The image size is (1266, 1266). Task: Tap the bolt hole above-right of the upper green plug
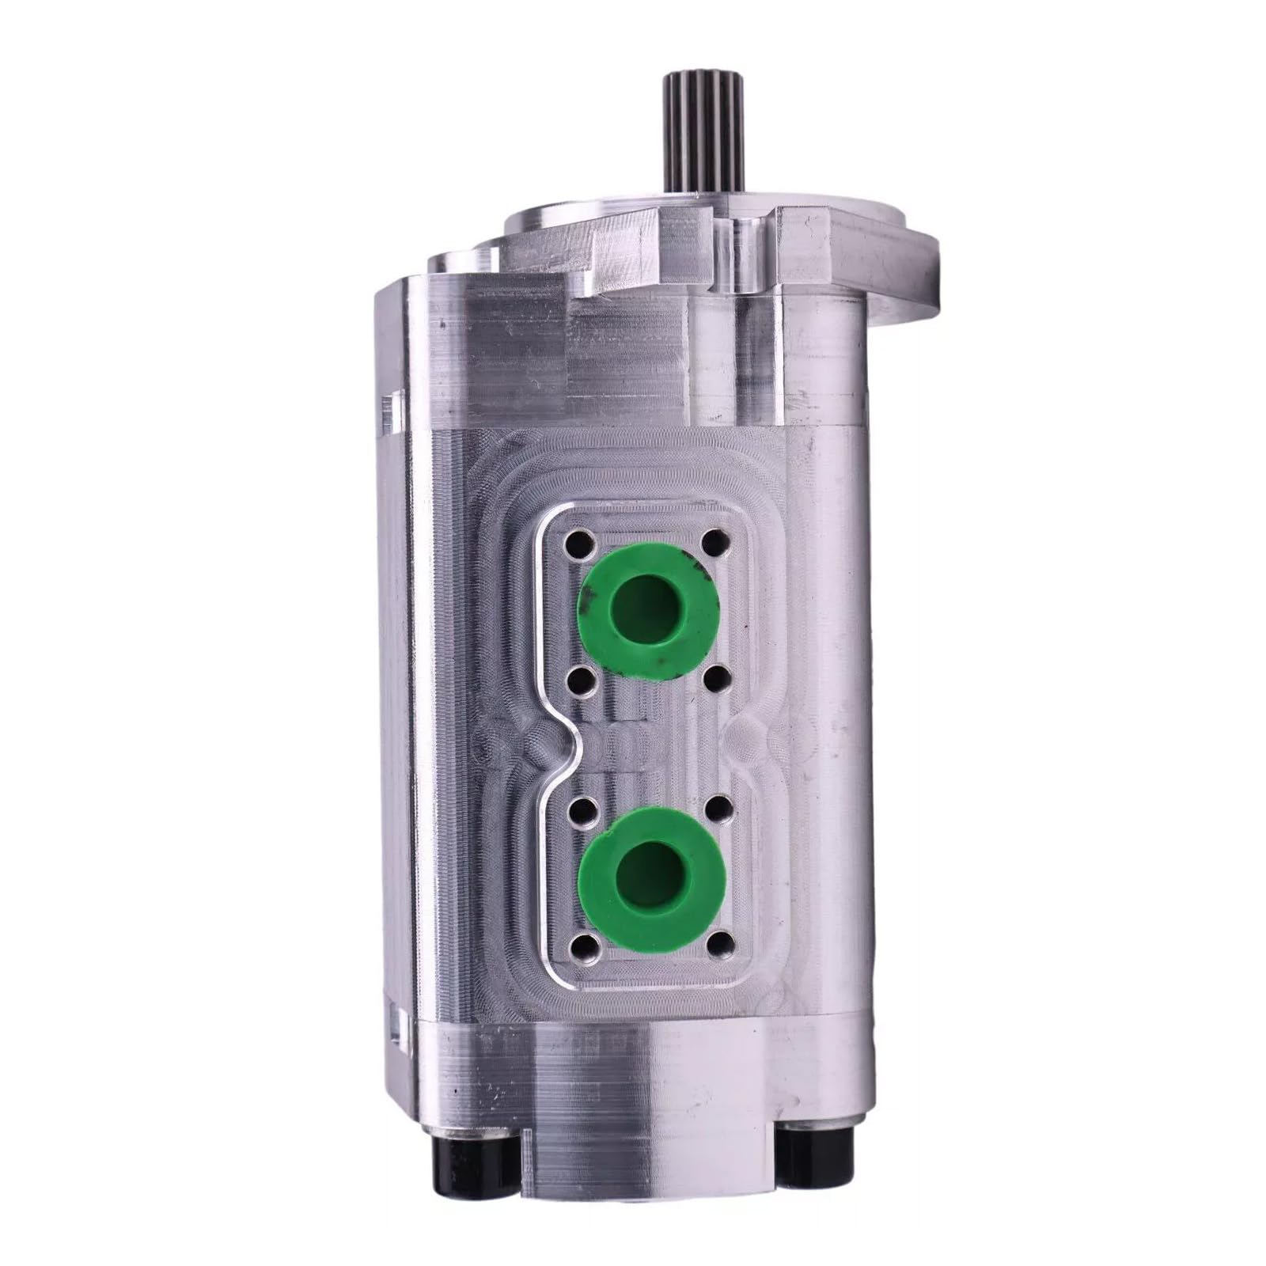click(715, 542)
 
